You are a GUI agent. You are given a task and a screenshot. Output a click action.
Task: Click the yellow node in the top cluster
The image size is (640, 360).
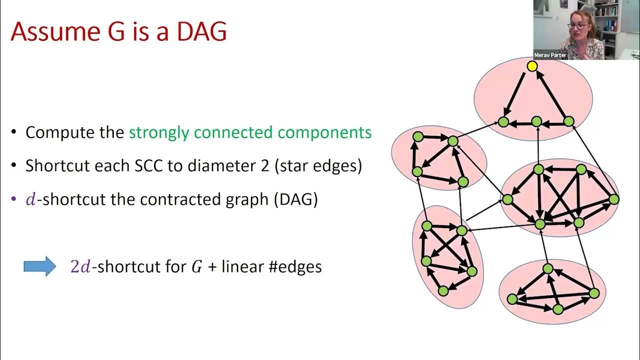pyautogui.click(x=532, y=66)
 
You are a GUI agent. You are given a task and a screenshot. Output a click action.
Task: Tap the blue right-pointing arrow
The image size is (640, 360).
pyautogui.click(x=40, y=266)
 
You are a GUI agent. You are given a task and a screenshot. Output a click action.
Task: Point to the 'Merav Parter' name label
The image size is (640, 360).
pyautogui.click(x=550, y=55)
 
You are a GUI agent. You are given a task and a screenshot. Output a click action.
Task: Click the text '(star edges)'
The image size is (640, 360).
pyautogui.click(x=318, y=166)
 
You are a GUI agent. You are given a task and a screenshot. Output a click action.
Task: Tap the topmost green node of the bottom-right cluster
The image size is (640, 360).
pyautogui.click(x=548, y=268)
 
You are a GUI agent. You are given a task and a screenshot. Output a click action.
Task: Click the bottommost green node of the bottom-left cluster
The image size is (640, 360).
pyautogui.click(x=443, y=290)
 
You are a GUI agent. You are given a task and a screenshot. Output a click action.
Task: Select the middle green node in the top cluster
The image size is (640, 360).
pyautogui.click(x=536, y=121)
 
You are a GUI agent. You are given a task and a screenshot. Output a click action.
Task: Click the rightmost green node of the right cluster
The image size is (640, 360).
pyautogui.click(x=614, y=199)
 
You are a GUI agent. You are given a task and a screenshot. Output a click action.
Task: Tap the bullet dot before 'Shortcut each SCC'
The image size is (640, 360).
pyautogui.click(x=14, y=166)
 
